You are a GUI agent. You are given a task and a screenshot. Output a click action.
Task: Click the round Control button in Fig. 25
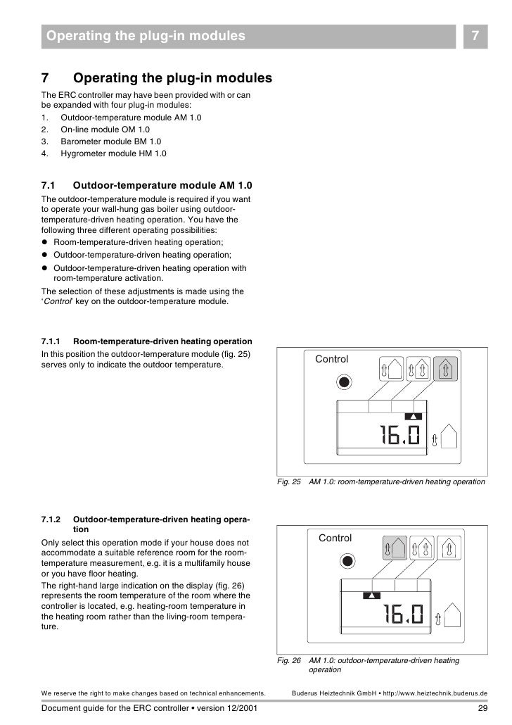(x=343, y=382)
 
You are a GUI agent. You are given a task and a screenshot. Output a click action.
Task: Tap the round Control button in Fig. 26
(x=346, y=562)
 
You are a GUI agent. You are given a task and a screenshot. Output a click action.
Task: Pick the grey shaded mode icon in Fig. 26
(x=395, y=548)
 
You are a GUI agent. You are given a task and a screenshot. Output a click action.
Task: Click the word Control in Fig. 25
(x=331, y=359)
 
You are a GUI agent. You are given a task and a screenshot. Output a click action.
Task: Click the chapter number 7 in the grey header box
(x=475, y=35)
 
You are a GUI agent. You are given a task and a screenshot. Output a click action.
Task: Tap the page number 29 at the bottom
(x=482, y=708)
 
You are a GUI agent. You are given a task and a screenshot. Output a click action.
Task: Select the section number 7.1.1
(x=53, y=341)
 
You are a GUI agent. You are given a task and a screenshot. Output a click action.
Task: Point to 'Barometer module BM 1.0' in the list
(x=111, y=141)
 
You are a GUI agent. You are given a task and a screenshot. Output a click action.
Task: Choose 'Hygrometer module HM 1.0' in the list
(x=113, y=153)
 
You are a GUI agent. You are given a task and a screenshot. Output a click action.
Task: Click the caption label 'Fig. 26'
(x=289, y=661)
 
